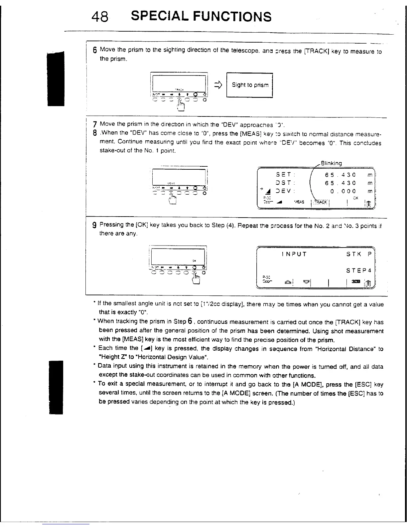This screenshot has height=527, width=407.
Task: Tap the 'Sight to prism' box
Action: (249, 85)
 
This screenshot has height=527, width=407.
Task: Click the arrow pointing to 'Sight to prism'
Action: (218, 86)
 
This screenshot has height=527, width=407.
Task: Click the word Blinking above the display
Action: (331, 163)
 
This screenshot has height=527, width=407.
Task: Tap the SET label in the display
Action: (283, 175)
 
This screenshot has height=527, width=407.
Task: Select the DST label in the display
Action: (283, 183)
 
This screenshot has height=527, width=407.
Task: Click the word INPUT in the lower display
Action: (294, 255)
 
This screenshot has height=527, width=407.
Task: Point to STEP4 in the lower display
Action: (358, 270)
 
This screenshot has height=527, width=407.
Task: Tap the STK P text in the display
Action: (358, 255)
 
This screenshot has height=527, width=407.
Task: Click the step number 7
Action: (95, 125)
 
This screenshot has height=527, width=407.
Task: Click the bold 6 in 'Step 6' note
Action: (189, 321)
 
